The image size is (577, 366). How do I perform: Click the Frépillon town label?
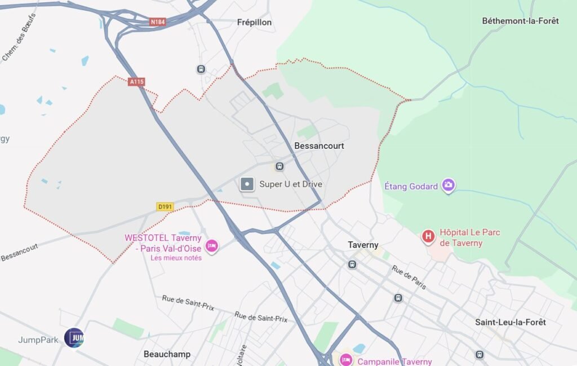pos(254,22)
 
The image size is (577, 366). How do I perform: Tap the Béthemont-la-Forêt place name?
pos(520,21)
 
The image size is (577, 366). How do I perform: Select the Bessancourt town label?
pos(319,145)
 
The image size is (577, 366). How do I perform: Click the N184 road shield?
pos(157,22)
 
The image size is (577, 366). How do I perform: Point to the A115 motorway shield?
pos(136,82)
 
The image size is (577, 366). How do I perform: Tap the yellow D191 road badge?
pos(165,207)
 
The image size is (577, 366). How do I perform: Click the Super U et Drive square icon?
pos(247,184)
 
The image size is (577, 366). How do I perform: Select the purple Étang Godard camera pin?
pos(448,185)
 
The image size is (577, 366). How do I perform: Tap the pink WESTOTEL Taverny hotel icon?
pos(211,246)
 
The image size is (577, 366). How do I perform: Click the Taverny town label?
pos(363,245)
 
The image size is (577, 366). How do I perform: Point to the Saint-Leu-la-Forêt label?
pos(510,322)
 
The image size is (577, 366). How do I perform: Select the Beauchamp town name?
pos(167,354)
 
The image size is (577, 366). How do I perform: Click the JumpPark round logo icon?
pos(74,338)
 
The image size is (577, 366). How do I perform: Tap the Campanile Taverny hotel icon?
pos(345,360)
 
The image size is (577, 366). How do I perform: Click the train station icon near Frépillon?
pos(201,69)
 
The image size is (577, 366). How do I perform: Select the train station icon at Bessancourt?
pos(279,166)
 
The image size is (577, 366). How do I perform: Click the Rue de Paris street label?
pos(409,277)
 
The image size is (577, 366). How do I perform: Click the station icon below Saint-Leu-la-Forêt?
pos(480,355)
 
